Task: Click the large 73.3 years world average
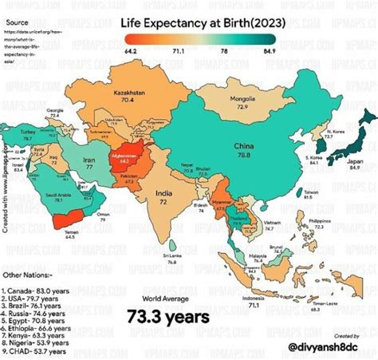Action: [x=167, y=317]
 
